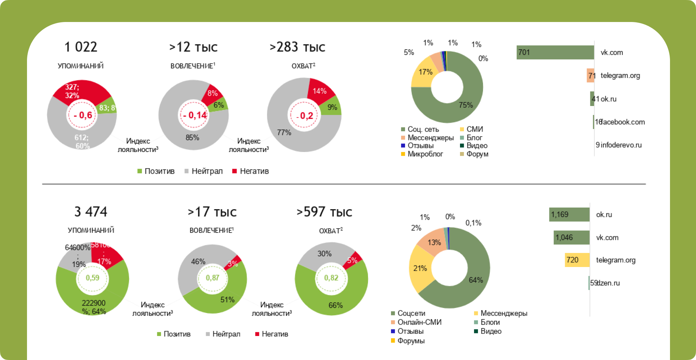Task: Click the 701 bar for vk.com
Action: point(555,52)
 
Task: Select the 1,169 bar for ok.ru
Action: point(569,214)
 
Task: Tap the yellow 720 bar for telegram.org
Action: point(577,260)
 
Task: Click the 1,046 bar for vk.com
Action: point(571,238)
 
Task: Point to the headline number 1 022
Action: point(81,47)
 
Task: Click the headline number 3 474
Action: point(91,212)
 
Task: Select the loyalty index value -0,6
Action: point(83,115)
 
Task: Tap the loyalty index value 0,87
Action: point(212,278)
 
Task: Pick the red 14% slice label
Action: point(319,91)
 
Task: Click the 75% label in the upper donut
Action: point(466,105)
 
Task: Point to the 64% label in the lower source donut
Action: point(476,280)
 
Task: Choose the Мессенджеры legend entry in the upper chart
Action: point(430,138)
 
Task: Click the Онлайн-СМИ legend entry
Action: point(419,322)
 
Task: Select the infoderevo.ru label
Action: point(621,145)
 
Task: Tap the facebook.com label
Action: point(623,122)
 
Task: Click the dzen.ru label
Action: point(609,283)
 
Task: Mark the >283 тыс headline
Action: point(297,47)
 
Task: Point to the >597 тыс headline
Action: point(324,212)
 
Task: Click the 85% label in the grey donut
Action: point(192,137)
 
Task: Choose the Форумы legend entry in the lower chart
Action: point(411,341)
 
